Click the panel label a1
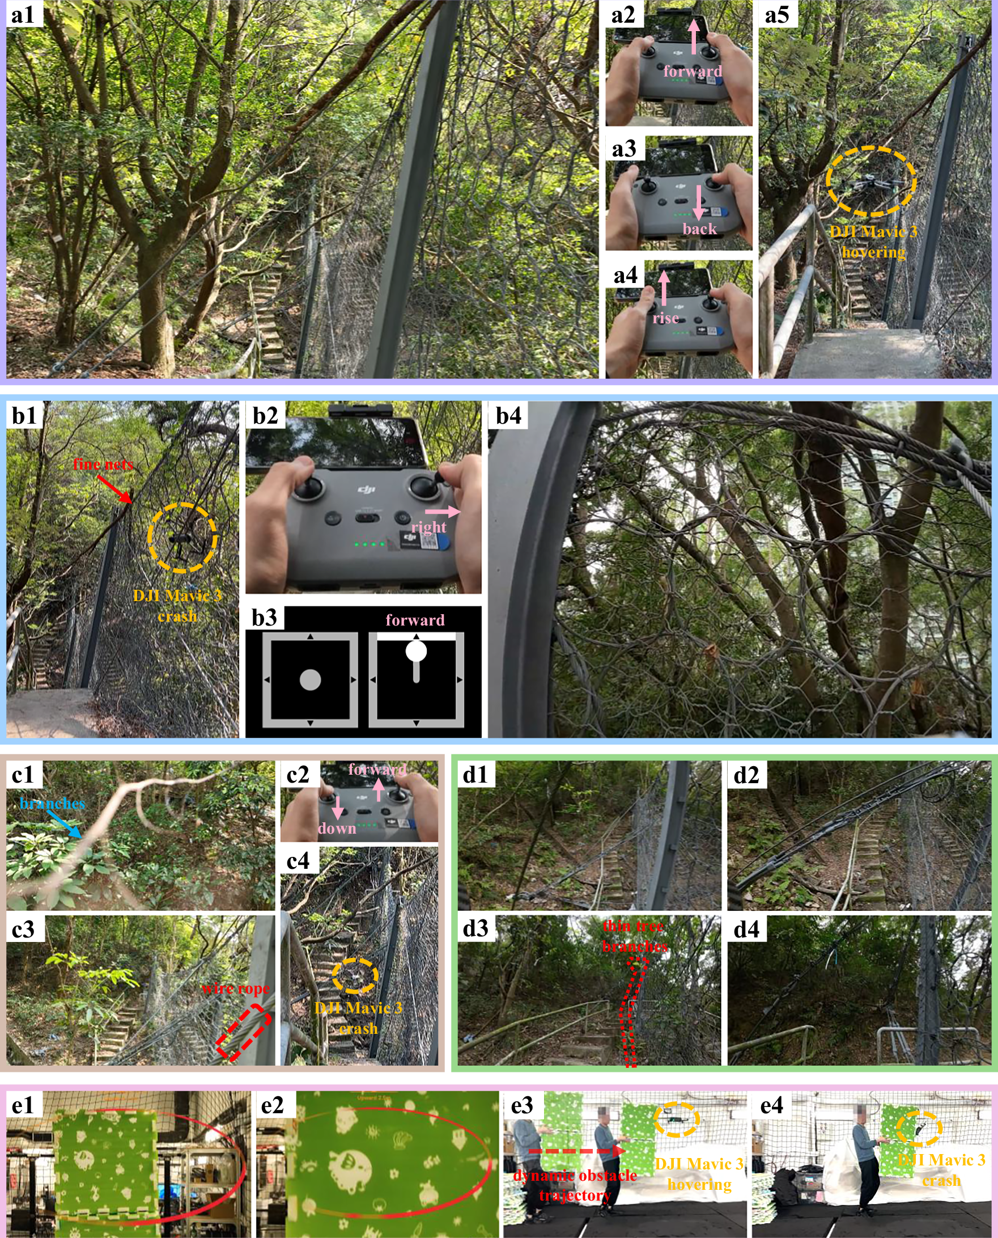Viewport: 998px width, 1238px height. tap(23, 14)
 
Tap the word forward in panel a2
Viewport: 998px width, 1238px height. tap(692, 71)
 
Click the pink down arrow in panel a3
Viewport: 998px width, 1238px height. tap(698, 202)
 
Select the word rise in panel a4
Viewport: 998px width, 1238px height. tap(665, 318)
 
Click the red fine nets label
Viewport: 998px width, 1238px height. tap(103, 464)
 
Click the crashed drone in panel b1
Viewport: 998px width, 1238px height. tap(181, 540)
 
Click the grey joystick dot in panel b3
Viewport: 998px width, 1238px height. tap(310, 679)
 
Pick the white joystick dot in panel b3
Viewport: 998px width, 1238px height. tap(415, 651)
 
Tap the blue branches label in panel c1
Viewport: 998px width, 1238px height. tap(52, 804)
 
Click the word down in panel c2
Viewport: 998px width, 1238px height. tap(337, 829)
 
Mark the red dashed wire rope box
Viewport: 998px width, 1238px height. tap(244, 1033)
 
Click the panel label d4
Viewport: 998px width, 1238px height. tap(746, 929)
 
